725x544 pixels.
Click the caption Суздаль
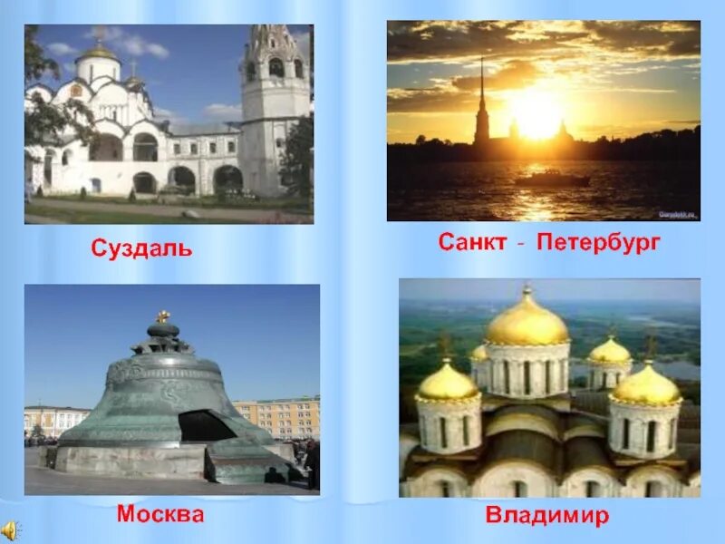(x=141, y=248)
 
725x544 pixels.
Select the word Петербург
(x=599, y=243)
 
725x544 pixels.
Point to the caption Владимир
(x=546, y=517)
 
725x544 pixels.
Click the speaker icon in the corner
(x=10, y=530)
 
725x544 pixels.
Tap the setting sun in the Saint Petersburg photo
(x=536, y=116)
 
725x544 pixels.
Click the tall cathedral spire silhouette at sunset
(x=481, y=109)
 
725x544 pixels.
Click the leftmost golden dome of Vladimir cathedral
(x=448, y=383)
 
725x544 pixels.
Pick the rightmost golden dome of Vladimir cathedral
(x=645, y=384)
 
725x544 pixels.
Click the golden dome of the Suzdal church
(x=98, y=54)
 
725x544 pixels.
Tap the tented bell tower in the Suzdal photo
(x=274, y=100)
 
